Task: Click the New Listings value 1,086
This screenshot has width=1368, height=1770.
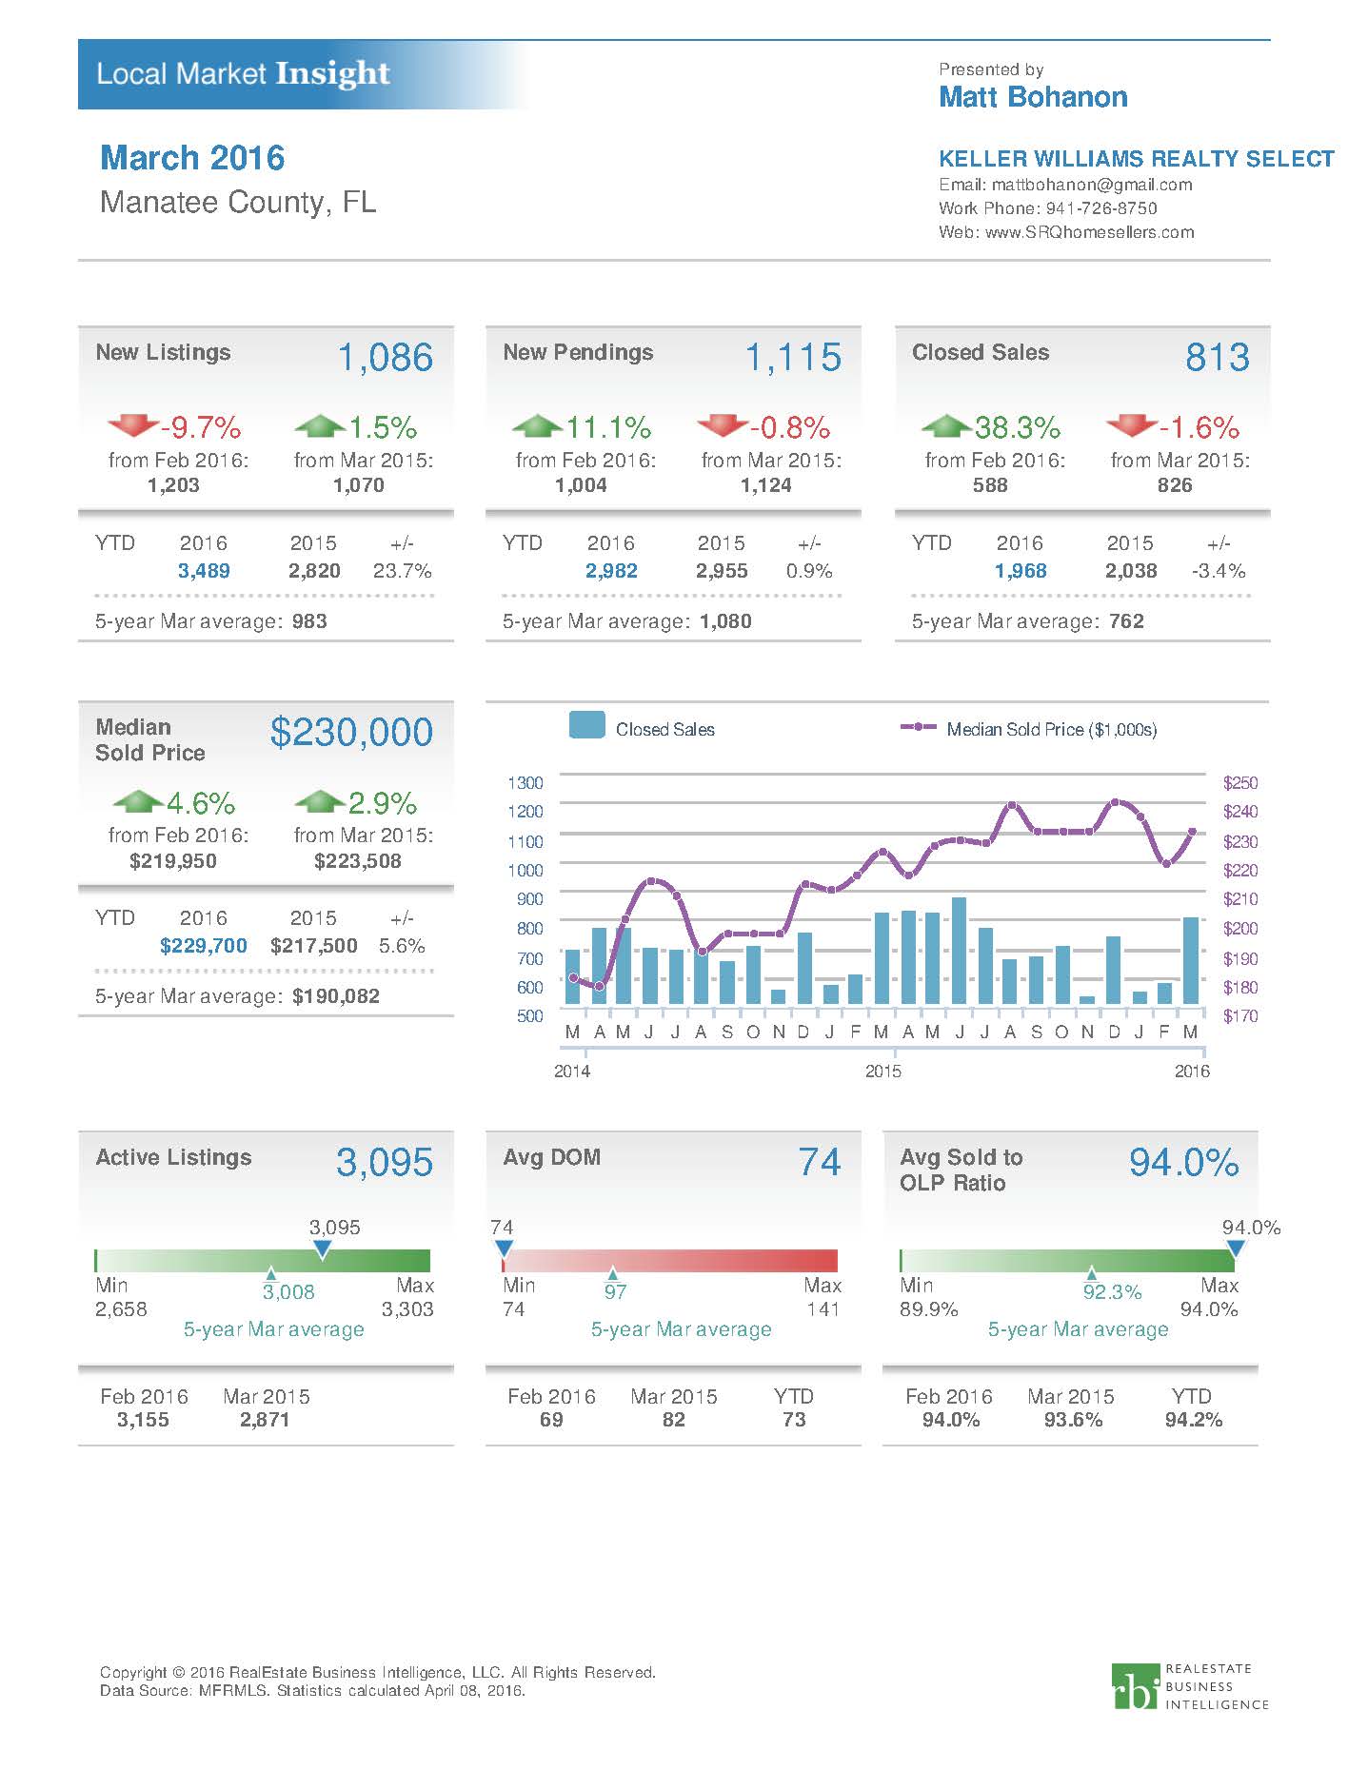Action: pyautogui.click(x=385, y=358)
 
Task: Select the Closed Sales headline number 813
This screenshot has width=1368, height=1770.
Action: pyautogui.click(x=1217, y=358)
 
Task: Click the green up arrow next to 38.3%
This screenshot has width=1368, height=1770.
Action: pyautogui.click(x=946, y=424)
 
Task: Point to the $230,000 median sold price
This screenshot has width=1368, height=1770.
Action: pyautogui.click(x=351, y=732)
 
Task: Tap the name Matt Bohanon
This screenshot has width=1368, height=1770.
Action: pyautogui.click(x=1033, y=97)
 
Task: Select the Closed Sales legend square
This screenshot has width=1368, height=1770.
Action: pyautogui.click(x=586, y=725)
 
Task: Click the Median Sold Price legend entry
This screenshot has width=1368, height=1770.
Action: pyautogui.click(x=1028, y=729)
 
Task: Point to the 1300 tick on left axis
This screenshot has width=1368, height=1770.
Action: pyautogui.click(x=525, y=782)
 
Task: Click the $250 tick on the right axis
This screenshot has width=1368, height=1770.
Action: pyautogui.click(x=1239, y=782)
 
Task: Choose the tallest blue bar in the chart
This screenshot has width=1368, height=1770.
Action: pyautogui.click(x=959, y=950)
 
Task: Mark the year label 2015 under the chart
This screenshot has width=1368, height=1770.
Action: pyautogui.click(x=882, y=1071)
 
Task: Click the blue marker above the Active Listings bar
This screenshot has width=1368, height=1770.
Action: pyautogui.click(x=322, y=1249)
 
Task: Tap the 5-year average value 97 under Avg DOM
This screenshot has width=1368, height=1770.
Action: pyautogui.click(x=615, y=1291)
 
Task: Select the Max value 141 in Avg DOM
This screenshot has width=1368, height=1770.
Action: pyautogui.click(x=823, y=1308)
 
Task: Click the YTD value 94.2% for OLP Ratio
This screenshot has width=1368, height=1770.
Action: pyautogui.click(x=1193, y=1419)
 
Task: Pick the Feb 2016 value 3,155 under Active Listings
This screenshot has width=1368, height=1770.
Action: pyautogui.click(x=143, y=1419)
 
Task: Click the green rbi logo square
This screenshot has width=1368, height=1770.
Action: pyautogui.click(x=1136, y=1686)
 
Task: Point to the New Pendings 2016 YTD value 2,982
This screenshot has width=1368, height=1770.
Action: pyautogui.click(x=611, y=571)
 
